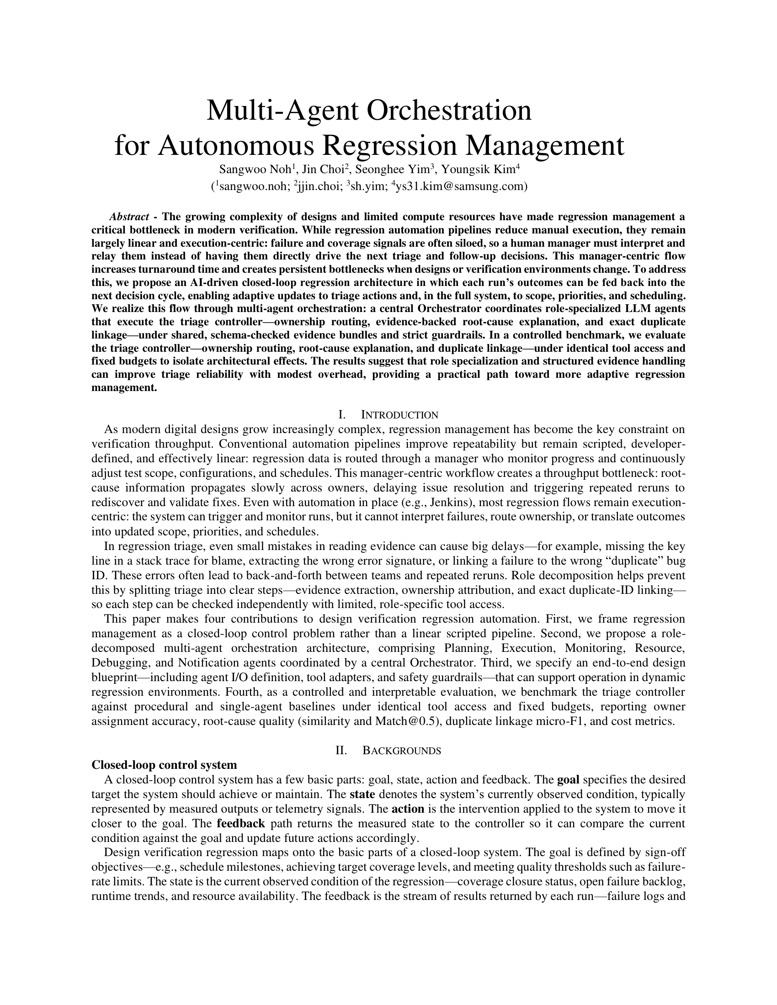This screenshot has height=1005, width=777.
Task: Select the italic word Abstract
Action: pos(129,217)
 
